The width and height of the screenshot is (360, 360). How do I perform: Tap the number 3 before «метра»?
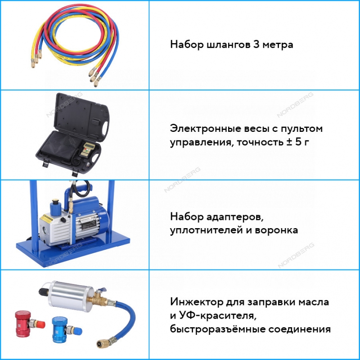point(256,44)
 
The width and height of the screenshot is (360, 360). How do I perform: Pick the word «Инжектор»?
point(197,301)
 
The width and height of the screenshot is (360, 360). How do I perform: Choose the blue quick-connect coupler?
point(65,330)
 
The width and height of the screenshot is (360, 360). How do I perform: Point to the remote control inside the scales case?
point(85,150)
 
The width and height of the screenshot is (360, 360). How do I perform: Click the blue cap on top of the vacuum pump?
point(55,207)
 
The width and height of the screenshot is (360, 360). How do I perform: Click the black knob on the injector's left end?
point(43,292)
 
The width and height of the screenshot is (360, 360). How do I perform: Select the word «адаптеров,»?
point(234,217)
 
